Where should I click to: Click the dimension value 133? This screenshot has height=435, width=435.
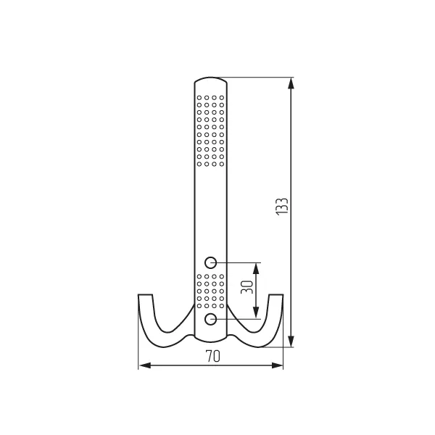click(x=282, y=207)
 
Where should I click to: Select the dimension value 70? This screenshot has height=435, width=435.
click(x=212, y=356)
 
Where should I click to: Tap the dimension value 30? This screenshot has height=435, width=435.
click(x=247, y=287)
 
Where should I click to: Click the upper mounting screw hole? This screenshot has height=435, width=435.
click(x=210, y=262)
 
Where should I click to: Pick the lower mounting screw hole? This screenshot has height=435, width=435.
click(x=210, y=319)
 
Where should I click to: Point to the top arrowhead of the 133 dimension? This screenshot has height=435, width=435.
click(x=291, y=83)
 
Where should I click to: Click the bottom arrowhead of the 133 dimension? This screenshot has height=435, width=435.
click(x=291, y=341)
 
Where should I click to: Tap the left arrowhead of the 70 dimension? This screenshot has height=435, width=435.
click(x=144, y=365)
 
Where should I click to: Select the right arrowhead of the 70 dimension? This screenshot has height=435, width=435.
click(x=277, y=365)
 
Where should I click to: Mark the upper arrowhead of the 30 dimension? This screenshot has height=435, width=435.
click(x=256, y=268)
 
